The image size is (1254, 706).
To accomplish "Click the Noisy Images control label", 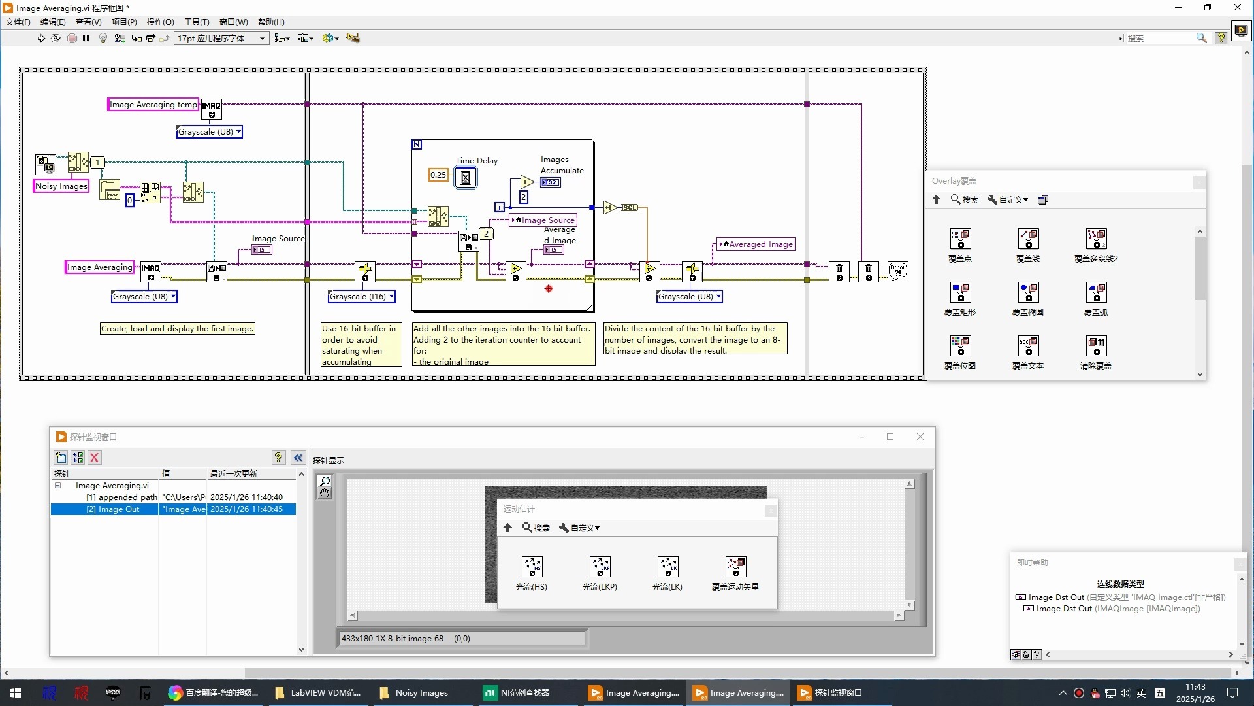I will point(61,186).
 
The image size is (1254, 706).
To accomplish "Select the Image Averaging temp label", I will point(153,105).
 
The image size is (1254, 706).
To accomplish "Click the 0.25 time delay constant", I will point(438,175).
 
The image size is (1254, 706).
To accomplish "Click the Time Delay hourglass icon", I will point(466,177).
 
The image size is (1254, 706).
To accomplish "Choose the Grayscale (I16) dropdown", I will point(362,297).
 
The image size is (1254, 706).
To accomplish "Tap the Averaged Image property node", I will point(756,244).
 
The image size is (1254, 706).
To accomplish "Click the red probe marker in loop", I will point(549,288).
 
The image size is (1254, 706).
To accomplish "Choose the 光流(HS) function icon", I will point(532,567).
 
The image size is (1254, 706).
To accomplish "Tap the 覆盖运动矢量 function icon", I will point(735,567).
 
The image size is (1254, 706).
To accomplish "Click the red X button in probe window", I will point(95,458).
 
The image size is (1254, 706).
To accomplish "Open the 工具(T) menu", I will point(197,22).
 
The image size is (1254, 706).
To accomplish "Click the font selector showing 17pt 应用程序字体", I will point(221,39).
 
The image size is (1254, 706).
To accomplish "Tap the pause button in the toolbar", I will point(86,39).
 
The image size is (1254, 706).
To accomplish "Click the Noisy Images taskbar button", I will point(414,693).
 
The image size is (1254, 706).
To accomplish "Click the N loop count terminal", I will point(417,144).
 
